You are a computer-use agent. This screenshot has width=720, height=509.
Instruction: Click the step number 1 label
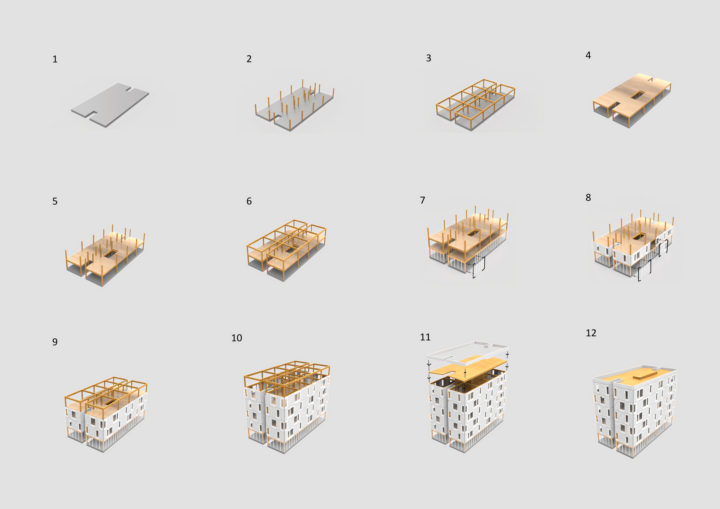[x=55, y=59]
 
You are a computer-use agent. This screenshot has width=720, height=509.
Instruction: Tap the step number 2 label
[x=249, y=59]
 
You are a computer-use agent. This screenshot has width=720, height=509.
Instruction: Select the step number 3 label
[x=429, y=58]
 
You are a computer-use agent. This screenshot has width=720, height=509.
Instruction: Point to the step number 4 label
[x=588, y=55]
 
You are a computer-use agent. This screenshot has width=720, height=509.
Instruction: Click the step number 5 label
[x=55, y=201]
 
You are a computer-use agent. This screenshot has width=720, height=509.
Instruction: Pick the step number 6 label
[x=249, y=201]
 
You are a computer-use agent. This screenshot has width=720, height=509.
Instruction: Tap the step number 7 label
[x=423, y=200]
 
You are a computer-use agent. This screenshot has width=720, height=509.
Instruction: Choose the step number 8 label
[x=588, y=197]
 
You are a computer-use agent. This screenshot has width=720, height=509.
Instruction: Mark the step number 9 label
[x=55, y=342]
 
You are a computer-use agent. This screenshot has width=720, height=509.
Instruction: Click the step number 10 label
[x=237, y=338]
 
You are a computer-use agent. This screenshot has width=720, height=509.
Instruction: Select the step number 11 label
[x=425, y=337]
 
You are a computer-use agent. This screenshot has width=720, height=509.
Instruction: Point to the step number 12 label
[x=591, y=333]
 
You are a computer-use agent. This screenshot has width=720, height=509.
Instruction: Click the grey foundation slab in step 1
[x=110, y=105]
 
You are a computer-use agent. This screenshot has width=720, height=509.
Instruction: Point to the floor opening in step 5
[x=110, y=253]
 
